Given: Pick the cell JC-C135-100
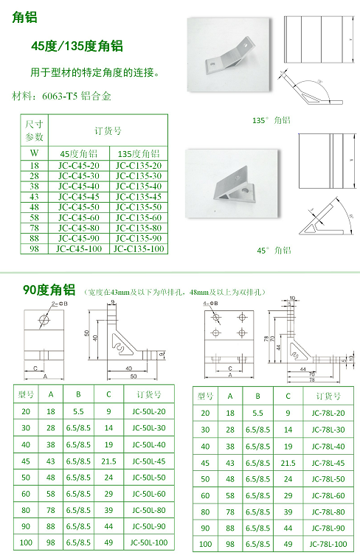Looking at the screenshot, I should click(138, 249).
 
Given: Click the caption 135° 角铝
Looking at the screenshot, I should click(272, 119).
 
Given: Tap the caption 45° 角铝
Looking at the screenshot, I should click(274, 251).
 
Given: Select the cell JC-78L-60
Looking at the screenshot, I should click(328, 495).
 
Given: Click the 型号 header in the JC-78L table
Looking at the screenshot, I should click(206, 396).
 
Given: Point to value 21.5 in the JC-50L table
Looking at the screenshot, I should click(109, 461).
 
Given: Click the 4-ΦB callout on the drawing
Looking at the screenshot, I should click(210, 304).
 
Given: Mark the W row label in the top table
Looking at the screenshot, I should click(34, 153).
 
